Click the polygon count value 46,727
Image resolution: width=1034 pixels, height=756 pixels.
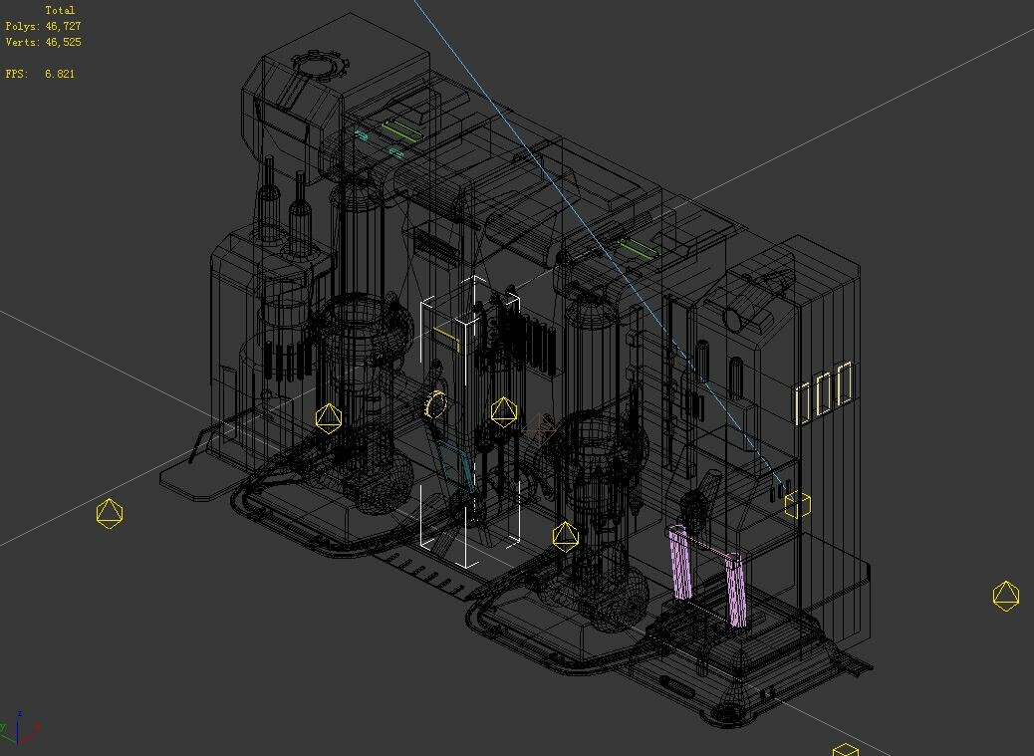pyautogui.click(x=63, y=26)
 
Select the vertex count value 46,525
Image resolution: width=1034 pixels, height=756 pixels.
pyautogui.click(x=63, y=42)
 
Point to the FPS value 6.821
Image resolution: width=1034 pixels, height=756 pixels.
pyautogui.click(x=59, y=74)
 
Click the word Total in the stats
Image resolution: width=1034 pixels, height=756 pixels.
pyautogui.click(x=60, y=10)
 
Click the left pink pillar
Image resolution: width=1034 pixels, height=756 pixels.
pyautogui.click(x=681, y=563)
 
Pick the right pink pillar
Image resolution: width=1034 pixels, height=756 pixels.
pyautogui.click(x=736, y=590)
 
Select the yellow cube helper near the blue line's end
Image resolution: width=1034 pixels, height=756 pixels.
pyautogui.click(x=797, y=505)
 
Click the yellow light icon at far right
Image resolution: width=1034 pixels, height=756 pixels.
pyautogui.click(x=1006, y=596)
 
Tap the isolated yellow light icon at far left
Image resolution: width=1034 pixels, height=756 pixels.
pyautogui.click(x=110, y=513)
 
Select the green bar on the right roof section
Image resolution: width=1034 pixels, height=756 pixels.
pyautogui.click(x=638, y=249)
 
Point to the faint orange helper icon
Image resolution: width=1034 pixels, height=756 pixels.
pyautogui.click(x=541, y=429)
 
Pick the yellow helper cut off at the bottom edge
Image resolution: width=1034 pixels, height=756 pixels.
pyautogui.click(x=845, y=749)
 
